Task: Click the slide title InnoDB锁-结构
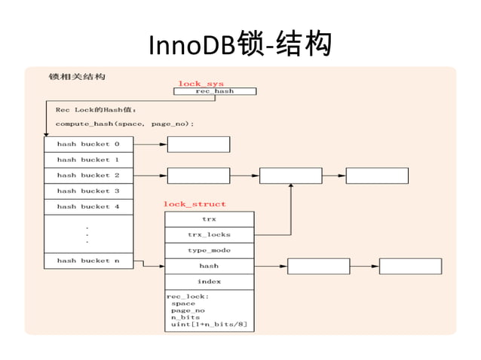point(240,44)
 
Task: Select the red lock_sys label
point(201,83)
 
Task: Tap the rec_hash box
point(215,91)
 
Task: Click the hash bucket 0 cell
point(88,144)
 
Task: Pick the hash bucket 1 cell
point(88,160)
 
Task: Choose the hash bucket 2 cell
point(88,175)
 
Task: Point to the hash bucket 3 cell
point(88,191)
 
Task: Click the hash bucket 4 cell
point(88,206)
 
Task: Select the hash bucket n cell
point(88,261)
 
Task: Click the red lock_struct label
point(195,204)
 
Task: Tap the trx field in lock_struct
point(209,219)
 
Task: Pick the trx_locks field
point(209,235)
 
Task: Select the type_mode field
point(209,250)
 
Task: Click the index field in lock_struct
point(209,282)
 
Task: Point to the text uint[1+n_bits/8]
point(209,325)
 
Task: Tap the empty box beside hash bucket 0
point(198,144)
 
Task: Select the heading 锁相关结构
point(77,77)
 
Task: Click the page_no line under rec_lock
point(188,310)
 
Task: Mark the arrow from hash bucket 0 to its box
point(150,144)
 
